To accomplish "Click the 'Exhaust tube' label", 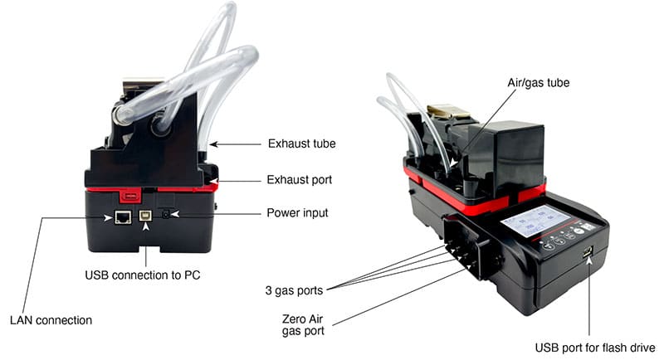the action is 301,144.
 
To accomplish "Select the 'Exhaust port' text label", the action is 300,180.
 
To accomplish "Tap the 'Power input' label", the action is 297,213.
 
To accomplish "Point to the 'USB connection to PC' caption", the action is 143,275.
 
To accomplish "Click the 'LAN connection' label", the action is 51,320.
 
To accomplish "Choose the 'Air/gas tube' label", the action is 538,82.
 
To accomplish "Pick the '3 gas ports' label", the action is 294,290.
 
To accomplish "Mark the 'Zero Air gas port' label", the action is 303,325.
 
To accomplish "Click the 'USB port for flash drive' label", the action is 595,348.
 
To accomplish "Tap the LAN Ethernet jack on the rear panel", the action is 123,217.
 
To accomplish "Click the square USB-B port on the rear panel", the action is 146,216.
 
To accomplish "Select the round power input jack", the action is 165,214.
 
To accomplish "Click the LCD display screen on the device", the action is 535,221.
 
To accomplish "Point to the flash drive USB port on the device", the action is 587,252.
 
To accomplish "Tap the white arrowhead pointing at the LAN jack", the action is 109,218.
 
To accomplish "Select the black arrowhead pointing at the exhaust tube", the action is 214,144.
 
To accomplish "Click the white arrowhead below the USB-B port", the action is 146,226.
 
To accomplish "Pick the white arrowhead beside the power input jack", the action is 175,214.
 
